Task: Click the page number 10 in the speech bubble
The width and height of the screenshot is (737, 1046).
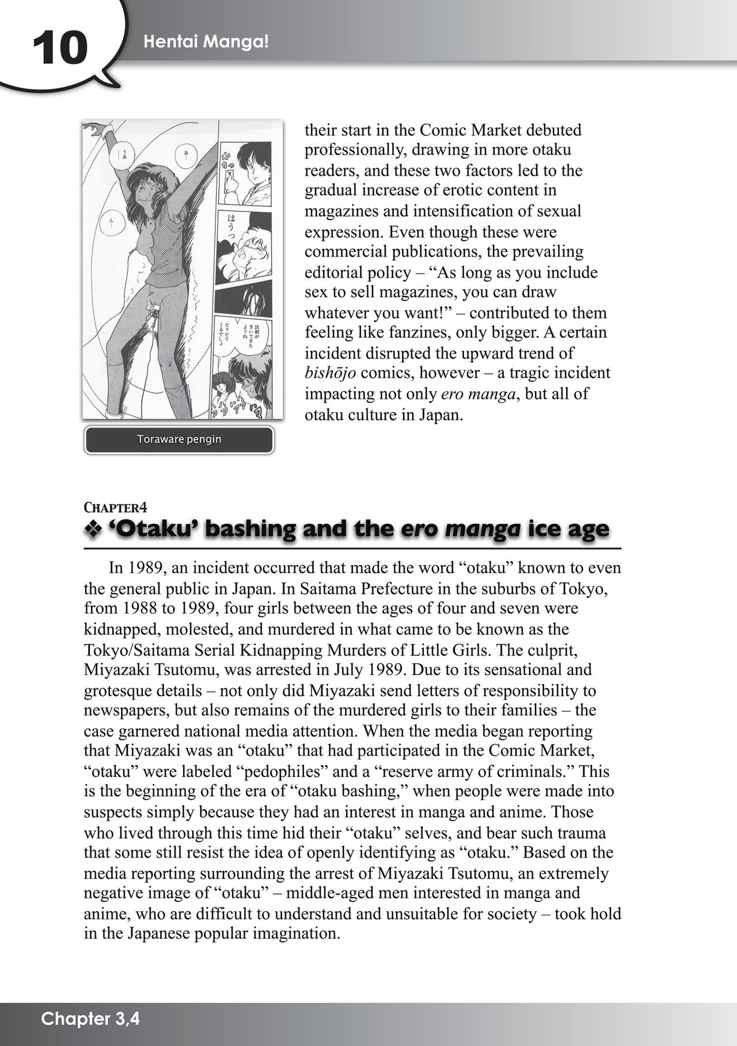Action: coord(60,48)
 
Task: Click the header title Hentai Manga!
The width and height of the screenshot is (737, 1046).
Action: coord(206,41)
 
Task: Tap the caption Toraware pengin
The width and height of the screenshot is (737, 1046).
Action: coord(179,439)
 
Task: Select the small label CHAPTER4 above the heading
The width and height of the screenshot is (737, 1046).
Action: coord(115,507)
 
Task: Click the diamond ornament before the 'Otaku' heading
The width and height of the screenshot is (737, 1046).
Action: coord(93,529)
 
